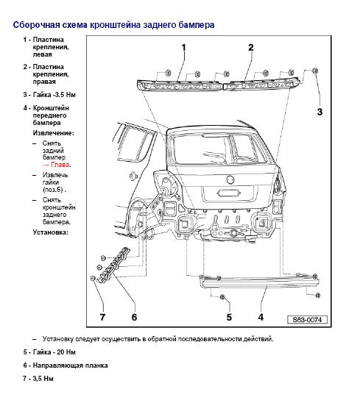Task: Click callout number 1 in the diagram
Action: (184, 48)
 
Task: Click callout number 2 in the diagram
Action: (250, 48)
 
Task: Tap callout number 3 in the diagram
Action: (320, 112)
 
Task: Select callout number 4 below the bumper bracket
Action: (261, 317)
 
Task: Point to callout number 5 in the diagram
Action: (229, 317)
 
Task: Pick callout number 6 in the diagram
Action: (134, 317)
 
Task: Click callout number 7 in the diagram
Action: (102, 317)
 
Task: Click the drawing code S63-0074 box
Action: (307, 320)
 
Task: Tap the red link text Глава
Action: (57, 165)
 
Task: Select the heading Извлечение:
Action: (53, 133)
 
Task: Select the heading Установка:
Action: (51, 232)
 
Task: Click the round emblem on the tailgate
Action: (230, 179)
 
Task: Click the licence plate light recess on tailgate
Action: (229, 193)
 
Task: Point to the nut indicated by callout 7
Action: (93, 278)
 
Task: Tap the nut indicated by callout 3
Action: (315, 71)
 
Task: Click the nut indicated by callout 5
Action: (222, 297)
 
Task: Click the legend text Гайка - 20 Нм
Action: (54, 352)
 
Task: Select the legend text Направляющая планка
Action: (70, 365)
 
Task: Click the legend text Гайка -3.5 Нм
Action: (54, 95)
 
